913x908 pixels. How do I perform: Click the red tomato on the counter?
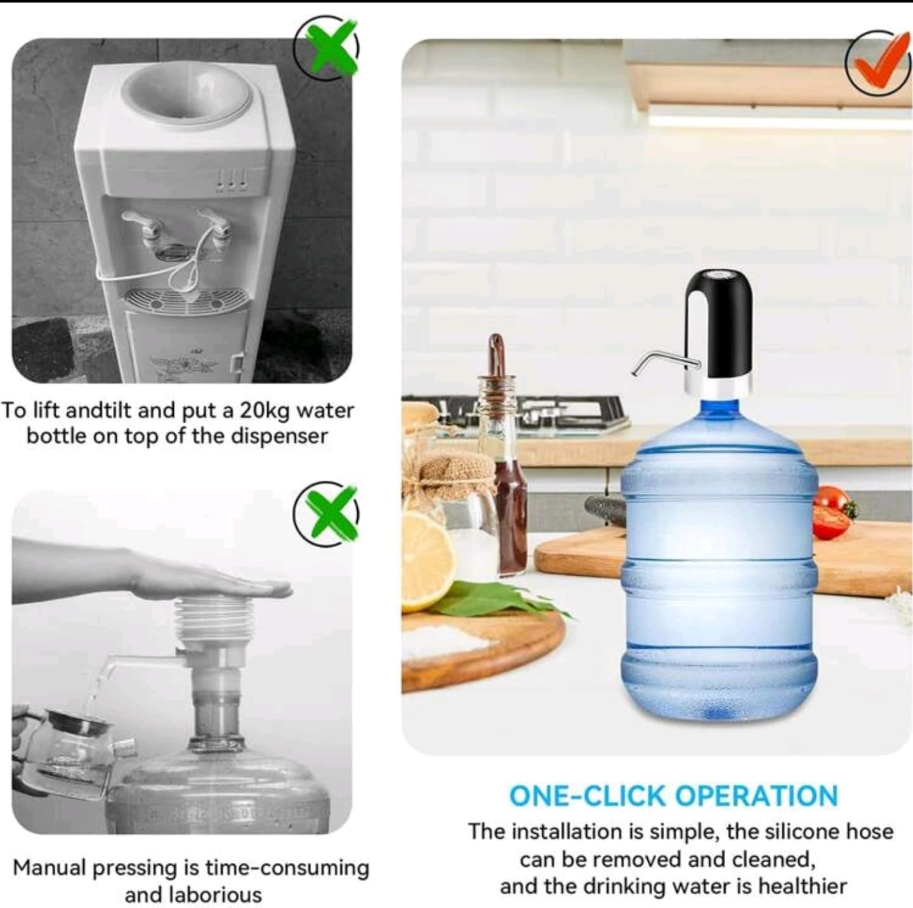(831, 513)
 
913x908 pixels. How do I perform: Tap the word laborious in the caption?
(193, 895)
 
